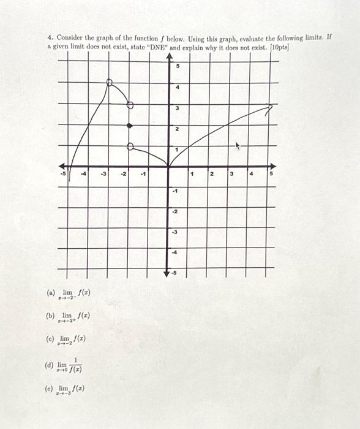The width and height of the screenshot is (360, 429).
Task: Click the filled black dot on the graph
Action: click(x=129, y=126)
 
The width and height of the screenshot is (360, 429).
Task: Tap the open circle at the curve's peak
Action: click(x=109, y=82)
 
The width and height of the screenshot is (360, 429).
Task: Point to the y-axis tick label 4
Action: click(x=178, y=88)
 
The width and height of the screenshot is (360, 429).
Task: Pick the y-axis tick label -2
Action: click(x=174, y=212)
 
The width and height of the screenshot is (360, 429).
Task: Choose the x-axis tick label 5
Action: click(x=272, y=174)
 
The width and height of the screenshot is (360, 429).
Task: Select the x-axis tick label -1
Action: click(x=143, y=174)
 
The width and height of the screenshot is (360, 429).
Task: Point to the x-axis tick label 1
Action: click(x=192, y=174)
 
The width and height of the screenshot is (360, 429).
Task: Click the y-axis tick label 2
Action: click(x=178, y=129)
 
